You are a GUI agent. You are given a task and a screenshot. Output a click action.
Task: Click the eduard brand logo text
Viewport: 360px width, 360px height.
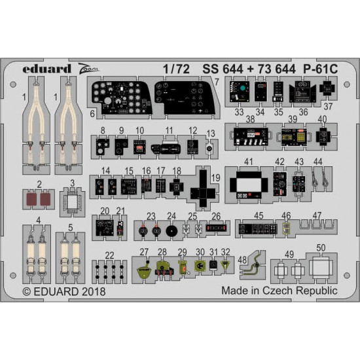point(46,69)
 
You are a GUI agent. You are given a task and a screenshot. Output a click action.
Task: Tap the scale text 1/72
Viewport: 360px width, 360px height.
point(176,69)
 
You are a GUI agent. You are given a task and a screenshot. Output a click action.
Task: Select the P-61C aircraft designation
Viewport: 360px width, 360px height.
point(321,69)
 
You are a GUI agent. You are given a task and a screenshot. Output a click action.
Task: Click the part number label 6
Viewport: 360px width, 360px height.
point(92,114)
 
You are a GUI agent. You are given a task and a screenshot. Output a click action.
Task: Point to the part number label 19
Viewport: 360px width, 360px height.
point(216,177)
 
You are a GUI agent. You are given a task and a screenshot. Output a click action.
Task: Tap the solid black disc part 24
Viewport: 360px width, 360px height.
point(171,231)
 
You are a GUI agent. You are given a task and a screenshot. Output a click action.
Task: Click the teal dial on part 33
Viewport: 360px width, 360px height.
point(242,88)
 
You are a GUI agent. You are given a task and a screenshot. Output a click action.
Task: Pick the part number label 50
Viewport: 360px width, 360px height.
point(321,247)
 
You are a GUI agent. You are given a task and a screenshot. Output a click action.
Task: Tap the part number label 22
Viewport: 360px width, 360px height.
point(109,255)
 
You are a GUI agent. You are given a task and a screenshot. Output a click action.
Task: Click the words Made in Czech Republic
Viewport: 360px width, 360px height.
point(279,291)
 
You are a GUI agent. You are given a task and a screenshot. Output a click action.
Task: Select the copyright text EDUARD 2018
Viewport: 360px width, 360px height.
point(64,291)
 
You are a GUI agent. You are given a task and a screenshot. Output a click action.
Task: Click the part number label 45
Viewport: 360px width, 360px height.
point(259,215)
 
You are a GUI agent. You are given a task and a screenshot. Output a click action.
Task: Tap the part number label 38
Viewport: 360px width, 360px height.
point(250,119)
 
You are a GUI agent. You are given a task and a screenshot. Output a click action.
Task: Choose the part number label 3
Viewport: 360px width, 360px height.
point(72,183)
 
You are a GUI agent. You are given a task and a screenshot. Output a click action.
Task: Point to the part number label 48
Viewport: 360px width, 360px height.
point(242,260)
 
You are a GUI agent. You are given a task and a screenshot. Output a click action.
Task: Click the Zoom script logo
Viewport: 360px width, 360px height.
point(88,69)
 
